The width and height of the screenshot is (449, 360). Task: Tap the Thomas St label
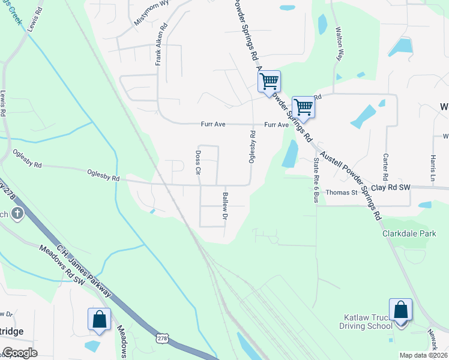[342, 193]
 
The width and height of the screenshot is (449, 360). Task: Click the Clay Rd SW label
[390, 188]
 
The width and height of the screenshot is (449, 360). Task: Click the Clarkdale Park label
[409, 233]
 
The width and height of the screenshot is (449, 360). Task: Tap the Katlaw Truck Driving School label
[367, 321]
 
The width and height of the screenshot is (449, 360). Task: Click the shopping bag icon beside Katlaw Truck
[400, 311]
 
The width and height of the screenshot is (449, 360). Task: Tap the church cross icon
[17, 213]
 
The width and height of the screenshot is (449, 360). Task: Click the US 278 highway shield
[162, 338]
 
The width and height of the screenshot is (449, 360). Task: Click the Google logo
[20, 353]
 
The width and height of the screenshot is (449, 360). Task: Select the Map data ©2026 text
[423, 355]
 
